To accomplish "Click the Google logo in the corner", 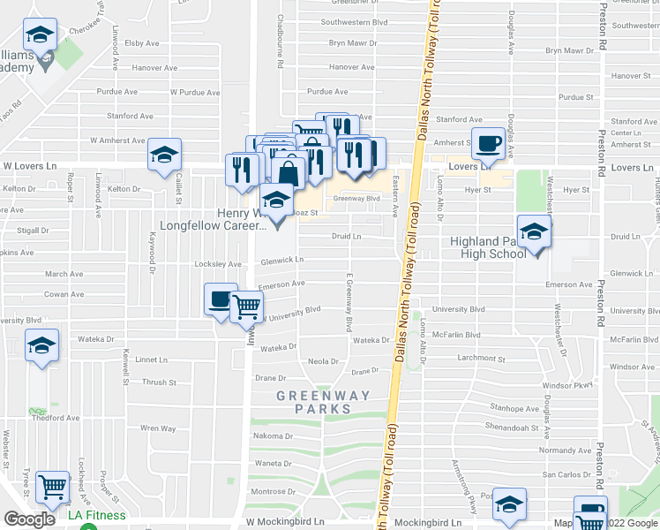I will [x=30, y=519].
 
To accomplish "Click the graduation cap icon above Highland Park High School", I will [x=534, y=233].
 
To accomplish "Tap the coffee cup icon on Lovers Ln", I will [x=488, y=143].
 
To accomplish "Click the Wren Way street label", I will [x=158, y=428].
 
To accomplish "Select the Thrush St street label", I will [x=160, y=382].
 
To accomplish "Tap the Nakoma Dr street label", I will [x=274, y=436].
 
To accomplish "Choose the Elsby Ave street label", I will [x=141, y=42].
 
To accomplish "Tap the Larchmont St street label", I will [x=482, y=360].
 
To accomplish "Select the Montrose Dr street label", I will [x=274, y=491].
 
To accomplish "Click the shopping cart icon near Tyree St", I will [x=53, y=486].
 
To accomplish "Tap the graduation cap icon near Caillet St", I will [x=164, y=155].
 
